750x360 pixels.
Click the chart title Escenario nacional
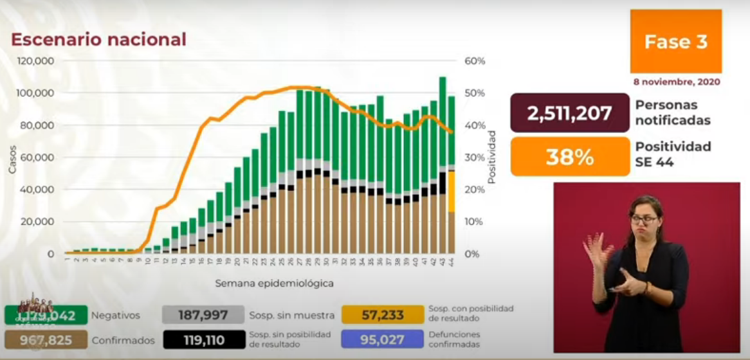click(98, 40)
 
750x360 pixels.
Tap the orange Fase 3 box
click(676, 42)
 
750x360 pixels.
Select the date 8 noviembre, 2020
click(676, 82)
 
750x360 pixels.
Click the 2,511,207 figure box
click(569, 113)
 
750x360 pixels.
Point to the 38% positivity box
click(569, 156)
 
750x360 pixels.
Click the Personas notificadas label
click(673, 113)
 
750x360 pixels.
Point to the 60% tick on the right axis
click(475, 61)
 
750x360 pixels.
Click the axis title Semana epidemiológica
click(274, 283)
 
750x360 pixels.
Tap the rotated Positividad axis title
click(492, 157)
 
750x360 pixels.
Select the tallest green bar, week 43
click(443, 122)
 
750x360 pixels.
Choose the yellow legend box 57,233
click(383, 314)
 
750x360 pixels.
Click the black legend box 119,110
click(204, 339)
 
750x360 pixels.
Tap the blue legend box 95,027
click(383, 339)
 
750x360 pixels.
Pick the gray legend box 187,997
click(204, 314)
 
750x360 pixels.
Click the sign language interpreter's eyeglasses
click(643, 220)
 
